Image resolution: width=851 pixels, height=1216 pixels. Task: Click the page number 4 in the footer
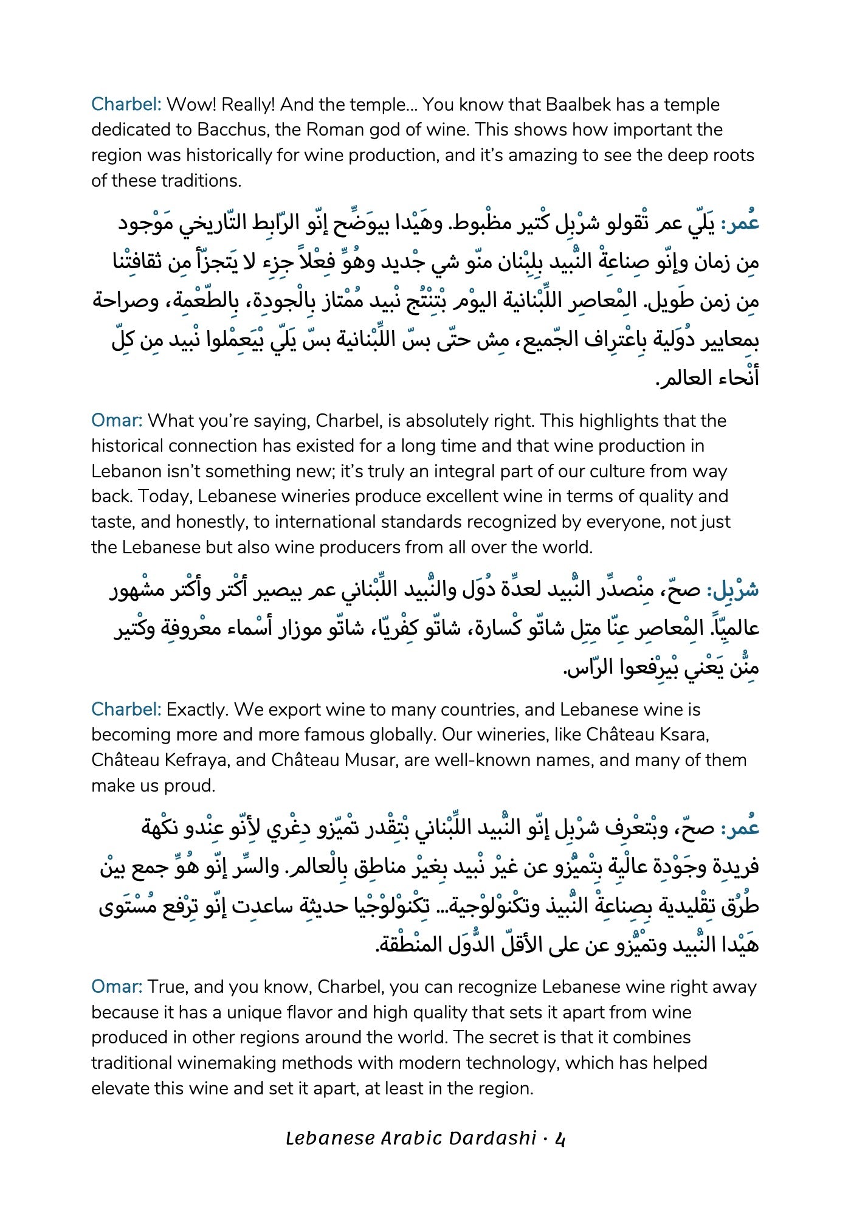pos(560,1138)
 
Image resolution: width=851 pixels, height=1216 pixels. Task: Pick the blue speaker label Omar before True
pos(116,986)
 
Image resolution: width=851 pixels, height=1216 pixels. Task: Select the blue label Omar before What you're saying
pos(116,421)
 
